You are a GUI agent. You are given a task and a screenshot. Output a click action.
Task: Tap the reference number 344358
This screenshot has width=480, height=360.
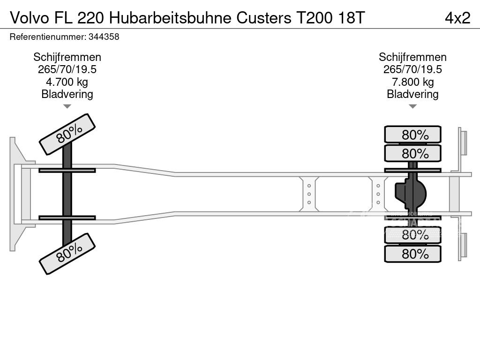[103, 37]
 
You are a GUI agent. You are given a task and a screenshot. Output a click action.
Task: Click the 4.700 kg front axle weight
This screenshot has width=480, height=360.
[67, 82]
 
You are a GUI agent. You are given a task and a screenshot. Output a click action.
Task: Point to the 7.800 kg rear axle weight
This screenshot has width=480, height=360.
[412, 82]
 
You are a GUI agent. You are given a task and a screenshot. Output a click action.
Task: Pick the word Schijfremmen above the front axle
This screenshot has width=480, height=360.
[67, 57]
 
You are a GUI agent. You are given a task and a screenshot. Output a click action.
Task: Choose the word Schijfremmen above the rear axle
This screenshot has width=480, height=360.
[412, 57]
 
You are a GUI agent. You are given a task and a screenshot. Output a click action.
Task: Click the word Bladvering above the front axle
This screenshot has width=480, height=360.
[67, 94]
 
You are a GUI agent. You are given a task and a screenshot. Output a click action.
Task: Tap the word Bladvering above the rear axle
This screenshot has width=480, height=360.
[412, 94]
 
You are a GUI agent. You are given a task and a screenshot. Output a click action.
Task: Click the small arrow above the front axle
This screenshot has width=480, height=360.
[67, 107]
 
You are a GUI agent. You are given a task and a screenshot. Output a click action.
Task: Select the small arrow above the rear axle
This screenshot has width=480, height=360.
[412, 107]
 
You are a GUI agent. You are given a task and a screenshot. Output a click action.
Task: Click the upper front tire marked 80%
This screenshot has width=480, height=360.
[67, 134]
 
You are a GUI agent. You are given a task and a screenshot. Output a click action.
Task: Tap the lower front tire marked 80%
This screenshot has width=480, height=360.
[67, 254]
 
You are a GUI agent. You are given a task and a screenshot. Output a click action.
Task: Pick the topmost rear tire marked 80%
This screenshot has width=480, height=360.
[412, 135]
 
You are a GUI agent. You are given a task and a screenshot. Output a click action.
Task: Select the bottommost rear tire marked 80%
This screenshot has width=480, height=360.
[412, 254]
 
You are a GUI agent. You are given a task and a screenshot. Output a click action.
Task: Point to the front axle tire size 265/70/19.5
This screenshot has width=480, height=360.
[67, 69]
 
